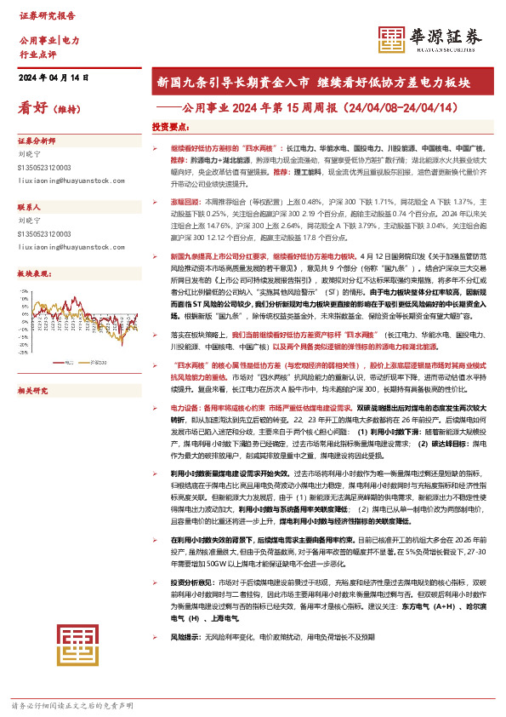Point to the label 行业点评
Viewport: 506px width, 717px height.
coord(37,54)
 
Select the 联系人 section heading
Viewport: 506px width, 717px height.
coord(30,207)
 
